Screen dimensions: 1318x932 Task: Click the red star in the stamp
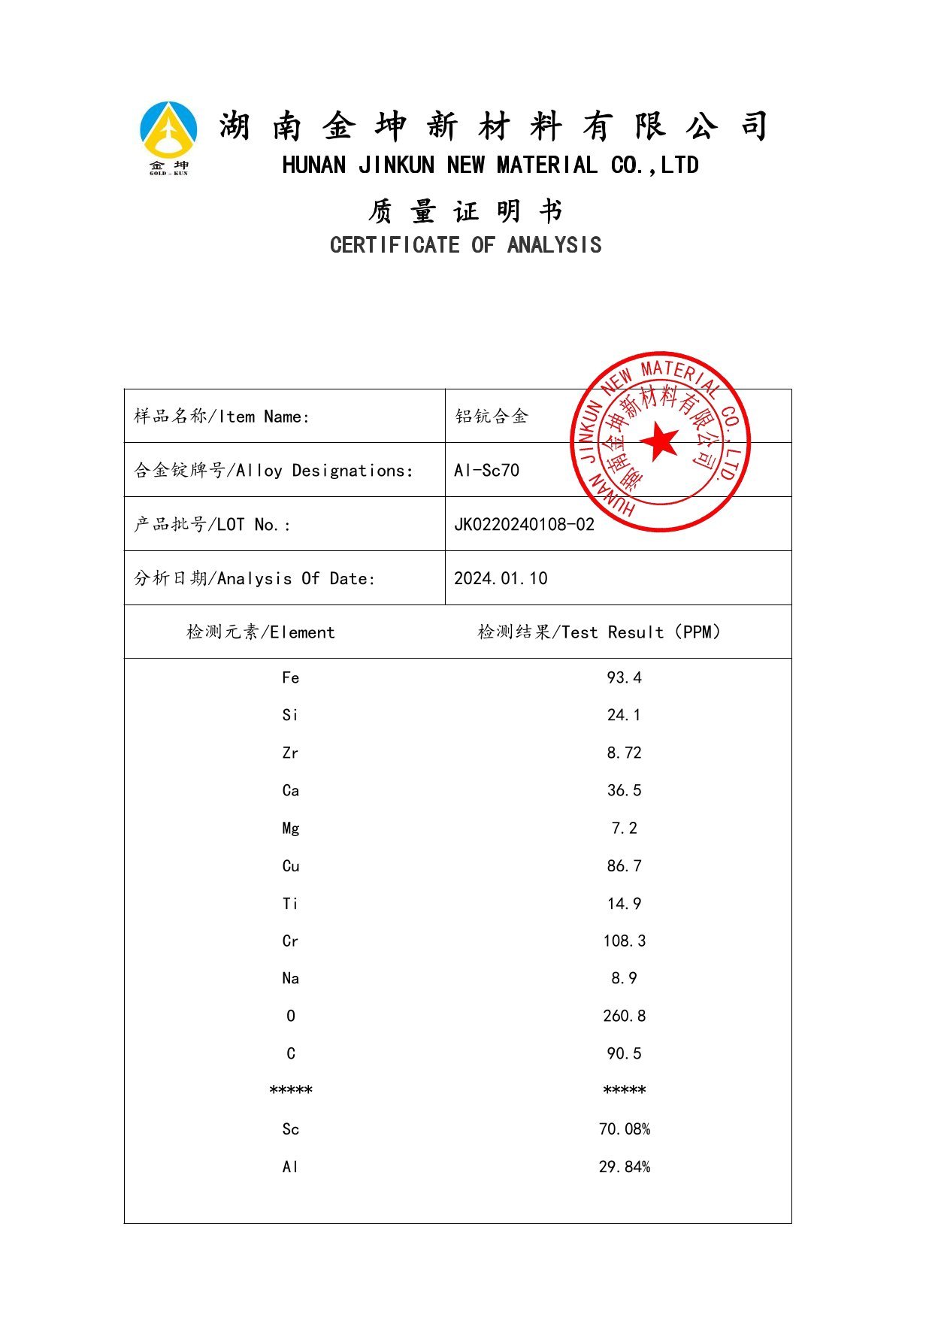click(x=661, y=441)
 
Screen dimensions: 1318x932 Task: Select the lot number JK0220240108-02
click(x=524, y=524)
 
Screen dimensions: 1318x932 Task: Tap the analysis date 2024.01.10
click(x=501, y=578)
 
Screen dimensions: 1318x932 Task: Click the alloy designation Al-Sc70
click(x=486, y=471)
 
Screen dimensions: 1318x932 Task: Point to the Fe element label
click(x=291, y=678)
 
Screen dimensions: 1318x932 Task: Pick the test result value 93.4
click(x=624, y=678)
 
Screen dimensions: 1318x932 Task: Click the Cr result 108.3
click(x=624, y=941)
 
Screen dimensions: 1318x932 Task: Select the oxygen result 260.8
click(x=624, y=1017)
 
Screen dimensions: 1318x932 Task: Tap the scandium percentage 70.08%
click(x=624, y=1129)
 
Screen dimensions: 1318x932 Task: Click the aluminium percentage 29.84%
click(x=624, y=1167)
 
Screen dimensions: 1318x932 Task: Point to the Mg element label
click(x=291, y=829)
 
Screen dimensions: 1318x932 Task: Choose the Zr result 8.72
click(x=624, y=753)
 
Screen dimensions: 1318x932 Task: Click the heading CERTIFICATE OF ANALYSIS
click(x=465, y=245)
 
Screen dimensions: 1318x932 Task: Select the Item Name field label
click(x=222, y=417)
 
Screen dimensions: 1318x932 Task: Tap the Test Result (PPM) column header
click(x=599, y=632)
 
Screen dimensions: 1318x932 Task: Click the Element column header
click(x=260, y=632)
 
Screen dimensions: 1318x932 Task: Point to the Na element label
click(x=291, y=979)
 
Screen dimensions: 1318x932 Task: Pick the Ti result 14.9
click(x=624, y=904)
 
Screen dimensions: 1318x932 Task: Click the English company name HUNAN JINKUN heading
click(x=490, y=165)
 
